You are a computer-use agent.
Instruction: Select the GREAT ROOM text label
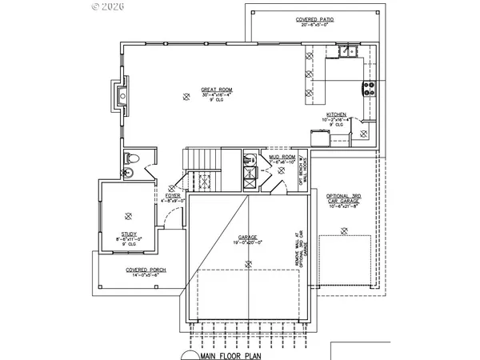pyautogui.click(x=194, y=88)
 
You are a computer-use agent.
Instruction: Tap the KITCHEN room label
pyautogui.click(x=335, y=114)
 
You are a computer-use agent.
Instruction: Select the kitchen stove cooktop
pyautogui.click(x=370, y=89)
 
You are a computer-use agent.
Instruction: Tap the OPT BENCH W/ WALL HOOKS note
pyautogui.click(x=302, y=170)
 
